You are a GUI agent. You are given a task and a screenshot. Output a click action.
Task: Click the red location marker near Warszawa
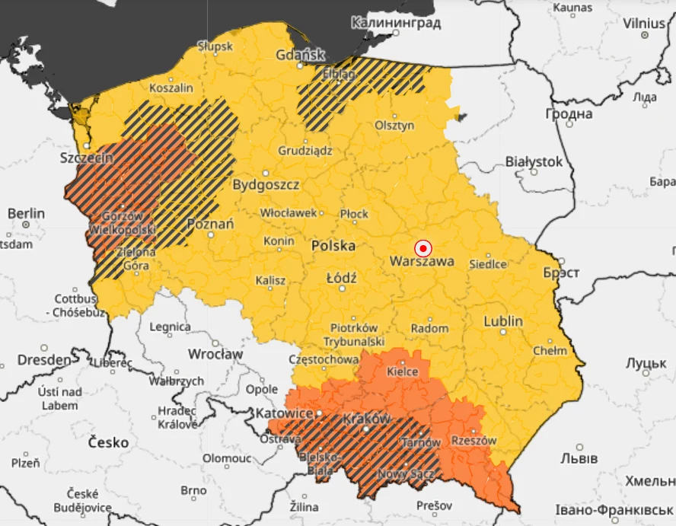[423, 248]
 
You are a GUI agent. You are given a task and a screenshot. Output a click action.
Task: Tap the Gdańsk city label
[300, 55]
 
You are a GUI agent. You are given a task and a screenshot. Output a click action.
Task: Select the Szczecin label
[87, 158]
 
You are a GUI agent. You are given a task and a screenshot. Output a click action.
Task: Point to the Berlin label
[27, 213]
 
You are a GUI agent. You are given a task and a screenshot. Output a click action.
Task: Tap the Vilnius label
[643, 23]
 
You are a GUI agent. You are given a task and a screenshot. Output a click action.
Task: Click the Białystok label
[534, 162]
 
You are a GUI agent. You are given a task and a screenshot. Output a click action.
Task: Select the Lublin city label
[503, 321]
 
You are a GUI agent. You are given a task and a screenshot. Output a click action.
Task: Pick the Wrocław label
[216, 355]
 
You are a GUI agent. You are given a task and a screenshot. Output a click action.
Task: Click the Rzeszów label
[474, 441]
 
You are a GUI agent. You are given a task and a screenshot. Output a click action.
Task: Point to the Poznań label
[211, 224]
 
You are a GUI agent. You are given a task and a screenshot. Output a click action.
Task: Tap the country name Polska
[333, 246]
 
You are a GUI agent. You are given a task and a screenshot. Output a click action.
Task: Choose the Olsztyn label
[394, 126]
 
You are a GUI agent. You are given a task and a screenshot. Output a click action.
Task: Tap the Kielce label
[402, 372]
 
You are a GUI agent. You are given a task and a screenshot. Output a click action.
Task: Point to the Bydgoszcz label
[266, 185]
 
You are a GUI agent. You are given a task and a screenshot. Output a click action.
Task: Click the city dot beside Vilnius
[644, 34]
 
